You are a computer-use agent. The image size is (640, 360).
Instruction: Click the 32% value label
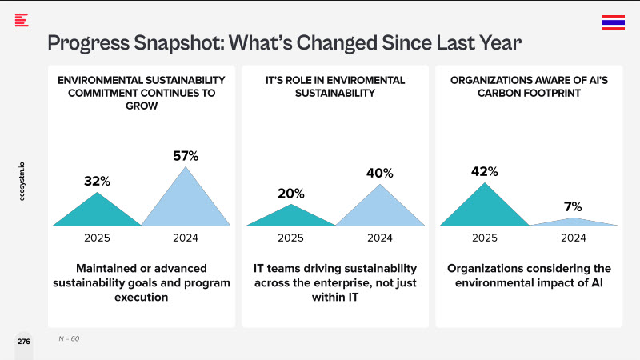pos(97,182)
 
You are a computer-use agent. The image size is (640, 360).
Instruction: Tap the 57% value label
pos(186,156)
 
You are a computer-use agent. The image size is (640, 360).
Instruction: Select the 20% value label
pos(291,193)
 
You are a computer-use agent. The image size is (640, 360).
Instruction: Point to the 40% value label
pos(380,173)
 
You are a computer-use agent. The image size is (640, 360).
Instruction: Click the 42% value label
pos(485,171)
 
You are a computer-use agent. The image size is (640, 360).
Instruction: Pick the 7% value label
pos(573,206)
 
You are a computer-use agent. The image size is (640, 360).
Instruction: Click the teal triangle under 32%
pos(97,212)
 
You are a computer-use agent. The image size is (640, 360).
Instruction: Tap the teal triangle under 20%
pos(291,217)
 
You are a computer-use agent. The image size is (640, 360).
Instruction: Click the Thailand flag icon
pos(613,22)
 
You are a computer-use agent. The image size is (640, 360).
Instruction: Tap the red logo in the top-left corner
pos(22,20)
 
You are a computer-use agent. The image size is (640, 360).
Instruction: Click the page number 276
pos(24,342)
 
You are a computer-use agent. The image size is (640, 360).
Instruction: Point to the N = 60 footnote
pos(70,338)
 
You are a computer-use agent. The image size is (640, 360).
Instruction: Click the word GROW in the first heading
pos(142,105)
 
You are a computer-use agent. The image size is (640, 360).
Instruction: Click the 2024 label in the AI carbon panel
pos(573,238)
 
